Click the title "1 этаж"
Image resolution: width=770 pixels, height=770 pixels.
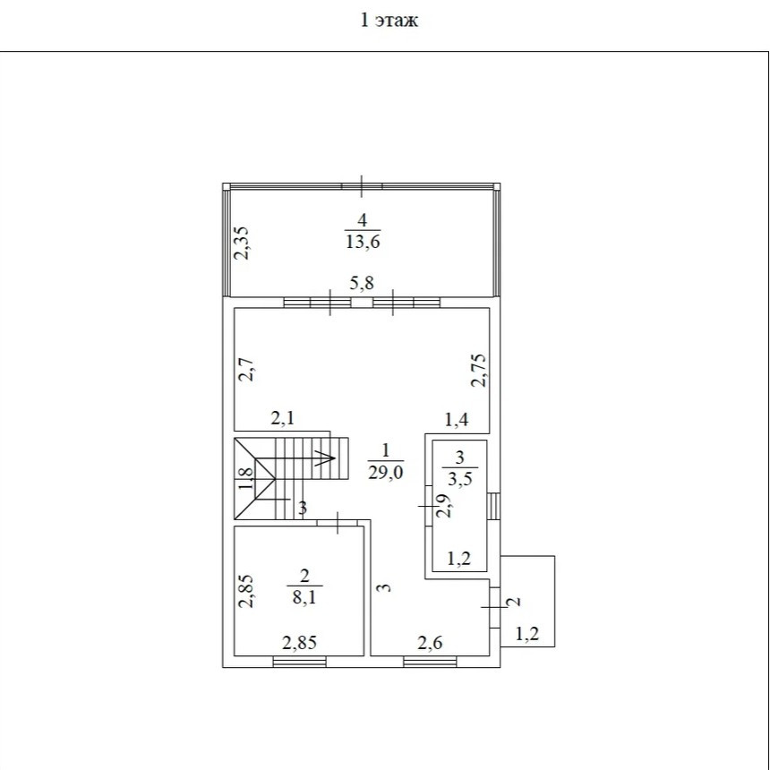coord(389,20)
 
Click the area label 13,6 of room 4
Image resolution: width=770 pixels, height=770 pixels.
coord(363,242)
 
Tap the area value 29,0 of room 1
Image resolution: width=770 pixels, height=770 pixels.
coord(386,473)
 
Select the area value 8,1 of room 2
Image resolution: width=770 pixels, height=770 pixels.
coord(304,597)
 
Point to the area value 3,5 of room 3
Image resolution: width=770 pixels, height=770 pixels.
coord(459,478)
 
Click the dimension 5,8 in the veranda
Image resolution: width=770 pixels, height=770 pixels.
coord(362,283)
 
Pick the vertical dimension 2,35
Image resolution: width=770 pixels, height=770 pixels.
coord(242,243)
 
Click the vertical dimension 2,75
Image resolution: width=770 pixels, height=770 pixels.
coord(478,371)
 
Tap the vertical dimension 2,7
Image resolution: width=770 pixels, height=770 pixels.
coord(246,370)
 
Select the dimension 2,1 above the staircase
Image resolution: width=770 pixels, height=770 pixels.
coord(283,418)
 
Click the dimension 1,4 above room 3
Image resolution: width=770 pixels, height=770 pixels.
coord(457,420)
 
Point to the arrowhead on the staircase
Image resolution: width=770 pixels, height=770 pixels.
coord(328,458)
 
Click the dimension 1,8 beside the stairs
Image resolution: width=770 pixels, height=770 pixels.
coord(246,478)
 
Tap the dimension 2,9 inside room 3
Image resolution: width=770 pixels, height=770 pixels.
coord(444,506)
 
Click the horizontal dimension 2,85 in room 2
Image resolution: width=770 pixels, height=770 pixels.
coord(300,642)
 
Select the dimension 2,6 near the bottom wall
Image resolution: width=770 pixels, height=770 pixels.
coord(430,642)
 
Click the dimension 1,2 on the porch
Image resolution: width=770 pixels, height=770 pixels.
coord(527,634)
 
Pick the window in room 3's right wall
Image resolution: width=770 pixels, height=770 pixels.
coord(494,506)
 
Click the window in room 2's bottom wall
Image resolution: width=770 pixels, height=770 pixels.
coord(300,662)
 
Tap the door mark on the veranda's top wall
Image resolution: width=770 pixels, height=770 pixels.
coord(362,186)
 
